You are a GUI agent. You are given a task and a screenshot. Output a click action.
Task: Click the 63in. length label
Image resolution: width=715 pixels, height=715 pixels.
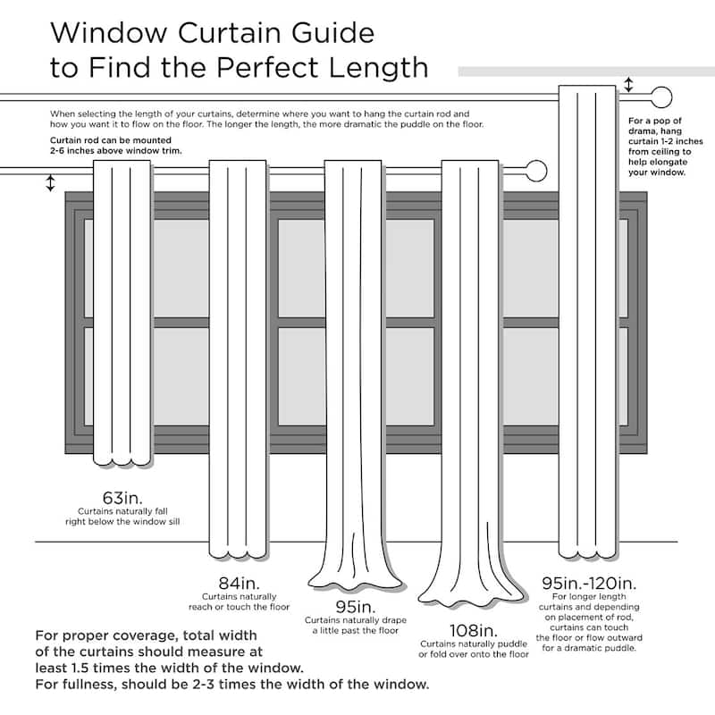pos(122,497)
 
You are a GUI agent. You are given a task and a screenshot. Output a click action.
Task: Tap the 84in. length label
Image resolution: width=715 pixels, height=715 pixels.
pos(239,583)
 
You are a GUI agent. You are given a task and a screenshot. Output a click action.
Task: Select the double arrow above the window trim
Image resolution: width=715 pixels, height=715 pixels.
pos(50,183)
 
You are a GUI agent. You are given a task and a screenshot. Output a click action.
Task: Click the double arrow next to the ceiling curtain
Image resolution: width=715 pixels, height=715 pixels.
pos(629,86)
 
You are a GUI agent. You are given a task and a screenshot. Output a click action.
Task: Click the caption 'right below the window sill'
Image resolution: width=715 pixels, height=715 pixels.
pos(122,519)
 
